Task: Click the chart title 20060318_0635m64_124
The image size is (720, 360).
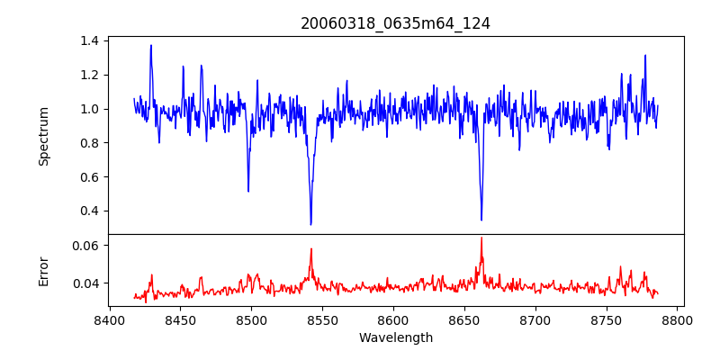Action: tap(395, 23)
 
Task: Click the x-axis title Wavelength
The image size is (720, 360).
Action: tap(395, 337)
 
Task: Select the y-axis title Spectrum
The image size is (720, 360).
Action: tap(43, 135)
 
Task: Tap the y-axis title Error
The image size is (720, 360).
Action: tap(43, 270)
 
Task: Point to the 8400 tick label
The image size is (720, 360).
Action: tap(109, 319)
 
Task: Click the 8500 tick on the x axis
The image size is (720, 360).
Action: tap(251, 319)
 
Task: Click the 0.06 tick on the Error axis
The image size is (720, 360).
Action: tap(88, 245)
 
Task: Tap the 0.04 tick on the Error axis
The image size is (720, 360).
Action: tap(88, 283)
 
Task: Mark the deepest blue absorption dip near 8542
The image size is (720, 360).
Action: tap(310, 224)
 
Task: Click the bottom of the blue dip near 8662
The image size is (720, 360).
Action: tap(481, 220)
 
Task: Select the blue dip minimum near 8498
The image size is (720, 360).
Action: tap(248, 191)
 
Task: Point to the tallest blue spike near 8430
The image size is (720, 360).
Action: tap(151, 45)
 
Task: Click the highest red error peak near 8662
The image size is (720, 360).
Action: tap(481, 238)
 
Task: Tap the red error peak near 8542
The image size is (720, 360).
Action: tap(310, 249)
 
